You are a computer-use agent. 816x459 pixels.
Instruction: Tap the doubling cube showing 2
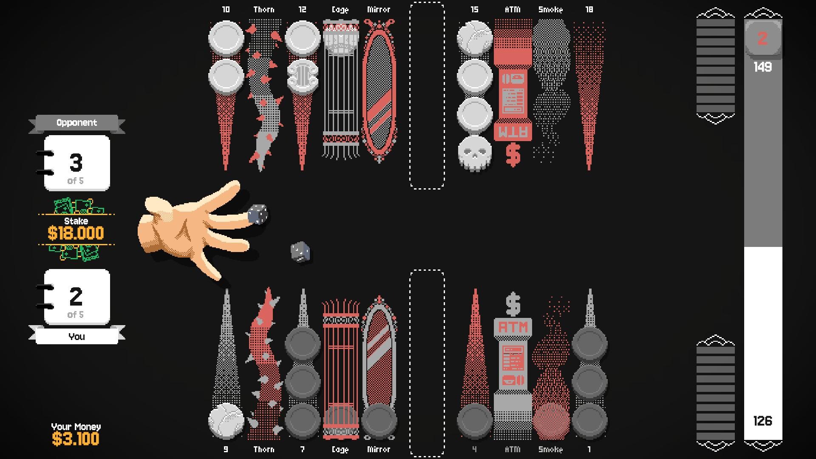(x=763, y=39)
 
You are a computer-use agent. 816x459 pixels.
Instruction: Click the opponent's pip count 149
(x=762, y=67)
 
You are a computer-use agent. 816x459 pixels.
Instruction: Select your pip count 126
(x=762, y=421)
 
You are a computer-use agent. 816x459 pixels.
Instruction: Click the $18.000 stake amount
(x=76, y=233)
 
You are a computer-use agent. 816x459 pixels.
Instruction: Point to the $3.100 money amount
(x=76, y=439)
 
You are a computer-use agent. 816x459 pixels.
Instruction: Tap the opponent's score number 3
(x=76, y=162)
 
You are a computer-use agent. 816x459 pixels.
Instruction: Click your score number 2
(x=76, y=296)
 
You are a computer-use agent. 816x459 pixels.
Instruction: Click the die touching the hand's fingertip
(x=258, y=214)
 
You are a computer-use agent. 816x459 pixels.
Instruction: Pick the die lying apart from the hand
(x=300, y=252)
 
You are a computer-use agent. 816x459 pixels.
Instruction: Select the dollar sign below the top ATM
(x=513, y=155)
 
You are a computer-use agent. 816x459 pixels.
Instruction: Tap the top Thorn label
(x=264, y=9)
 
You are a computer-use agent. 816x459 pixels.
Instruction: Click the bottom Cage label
(x=340, y=449)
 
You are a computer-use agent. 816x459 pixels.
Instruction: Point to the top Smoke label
(x=551, y=9)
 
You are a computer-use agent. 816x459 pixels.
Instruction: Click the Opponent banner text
(x=76, y=122)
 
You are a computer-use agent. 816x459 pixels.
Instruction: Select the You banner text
(x=76, y=337)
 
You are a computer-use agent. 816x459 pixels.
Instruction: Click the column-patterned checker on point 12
(x=303, y=76)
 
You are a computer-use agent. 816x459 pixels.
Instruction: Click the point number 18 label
(x=589, y=9)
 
